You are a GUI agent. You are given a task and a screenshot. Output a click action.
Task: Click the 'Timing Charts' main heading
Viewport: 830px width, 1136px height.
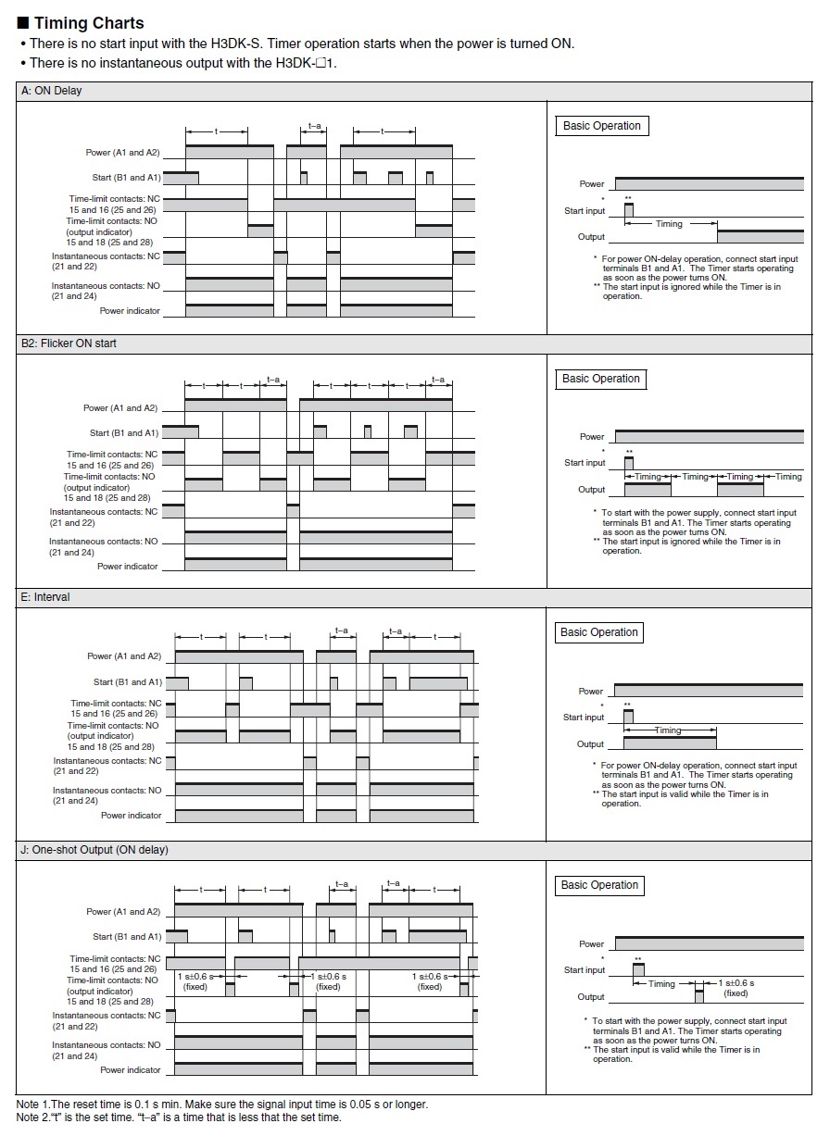[89, 23]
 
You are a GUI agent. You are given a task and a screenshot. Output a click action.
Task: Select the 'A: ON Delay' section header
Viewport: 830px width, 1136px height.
[52, 91]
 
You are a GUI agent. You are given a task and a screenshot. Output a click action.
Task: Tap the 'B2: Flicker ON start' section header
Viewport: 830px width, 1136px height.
[69, 343]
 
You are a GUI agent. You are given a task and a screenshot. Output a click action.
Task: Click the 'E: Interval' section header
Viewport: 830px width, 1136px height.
[45, 597]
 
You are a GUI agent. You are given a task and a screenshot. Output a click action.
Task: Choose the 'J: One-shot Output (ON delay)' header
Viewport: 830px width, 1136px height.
[94, 850]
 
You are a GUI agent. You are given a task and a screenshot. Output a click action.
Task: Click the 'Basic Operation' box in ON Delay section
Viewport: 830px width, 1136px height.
[601, 126]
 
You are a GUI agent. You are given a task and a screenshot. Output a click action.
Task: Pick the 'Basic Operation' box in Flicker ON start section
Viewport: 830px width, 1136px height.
[601, 379]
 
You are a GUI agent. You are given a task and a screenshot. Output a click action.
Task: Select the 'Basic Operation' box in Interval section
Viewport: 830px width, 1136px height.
[599, 632]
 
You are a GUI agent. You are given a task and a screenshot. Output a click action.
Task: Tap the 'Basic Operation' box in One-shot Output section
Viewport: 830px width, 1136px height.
[599, 885]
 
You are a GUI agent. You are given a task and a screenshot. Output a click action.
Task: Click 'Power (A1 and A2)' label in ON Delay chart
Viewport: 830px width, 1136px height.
[123, 152]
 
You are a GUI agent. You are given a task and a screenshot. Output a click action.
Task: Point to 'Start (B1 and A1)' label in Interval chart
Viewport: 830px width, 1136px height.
[128, 682]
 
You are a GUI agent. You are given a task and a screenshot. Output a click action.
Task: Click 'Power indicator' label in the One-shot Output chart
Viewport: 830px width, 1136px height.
[131, 1069]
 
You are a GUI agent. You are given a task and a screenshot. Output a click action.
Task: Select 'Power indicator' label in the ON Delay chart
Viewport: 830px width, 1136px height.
[130, 311]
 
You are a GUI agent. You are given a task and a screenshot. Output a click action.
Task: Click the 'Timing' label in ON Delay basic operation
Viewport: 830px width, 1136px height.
[669, 224]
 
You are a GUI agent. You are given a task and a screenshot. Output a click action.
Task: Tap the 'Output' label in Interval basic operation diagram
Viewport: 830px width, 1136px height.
[590, 744]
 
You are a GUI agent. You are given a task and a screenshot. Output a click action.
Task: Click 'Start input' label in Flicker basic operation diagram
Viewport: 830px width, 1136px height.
[585, 463]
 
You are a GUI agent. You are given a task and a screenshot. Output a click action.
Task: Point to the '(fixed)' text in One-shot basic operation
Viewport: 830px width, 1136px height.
[736, 993]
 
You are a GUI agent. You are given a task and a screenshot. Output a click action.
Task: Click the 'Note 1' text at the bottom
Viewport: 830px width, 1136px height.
[222, 1105]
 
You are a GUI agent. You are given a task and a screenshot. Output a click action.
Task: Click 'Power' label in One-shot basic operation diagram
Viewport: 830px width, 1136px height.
[591, 944]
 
